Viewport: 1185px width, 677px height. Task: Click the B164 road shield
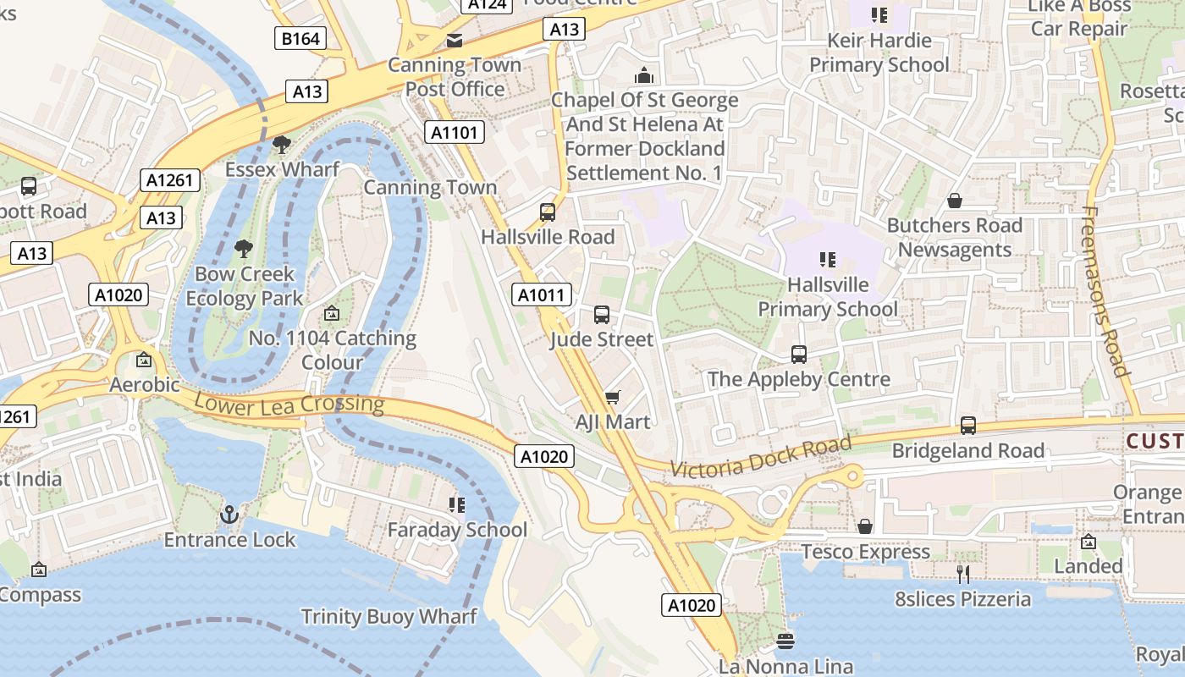tap(300, 38)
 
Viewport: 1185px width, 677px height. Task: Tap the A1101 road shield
tap(455, 132)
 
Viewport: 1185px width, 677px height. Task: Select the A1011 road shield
tap(542, 294)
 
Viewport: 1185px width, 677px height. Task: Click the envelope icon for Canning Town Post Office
tap(455, 41)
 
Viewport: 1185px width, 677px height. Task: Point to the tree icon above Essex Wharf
tap(282, 145)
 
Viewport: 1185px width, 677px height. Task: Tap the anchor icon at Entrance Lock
tap(229, 515)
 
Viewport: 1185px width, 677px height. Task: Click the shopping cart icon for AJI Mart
tap(613, 397)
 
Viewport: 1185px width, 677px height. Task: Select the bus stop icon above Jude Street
tap(602, 315)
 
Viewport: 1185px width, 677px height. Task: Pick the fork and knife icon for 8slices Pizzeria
tap(963, 575)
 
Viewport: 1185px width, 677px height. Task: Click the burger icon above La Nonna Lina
tap(785, 641)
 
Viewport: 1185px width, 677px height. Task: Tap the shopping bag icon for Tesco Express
tap(865, 527)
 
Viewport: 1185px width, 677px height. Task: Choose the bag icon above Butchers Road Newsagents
tap(955, 201)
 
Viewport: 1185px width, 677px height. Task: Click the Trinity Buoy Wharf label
tap(389, 616)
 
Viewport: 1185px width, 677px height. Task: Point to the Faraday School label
tap(457, 530)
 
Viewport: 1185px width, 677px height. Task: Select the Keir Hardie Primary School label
tap(879, 52)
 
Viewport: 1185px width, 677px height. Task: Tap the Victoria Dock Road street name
tap(760, 457)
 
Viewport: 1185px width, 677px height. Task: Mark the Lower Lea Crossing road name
tap(289, 404)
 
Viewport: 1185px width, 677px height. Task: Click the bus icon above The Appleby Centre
tap(798, 355)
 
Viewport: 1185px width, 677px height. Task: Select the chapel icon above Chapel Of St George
tap(644, 75)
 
